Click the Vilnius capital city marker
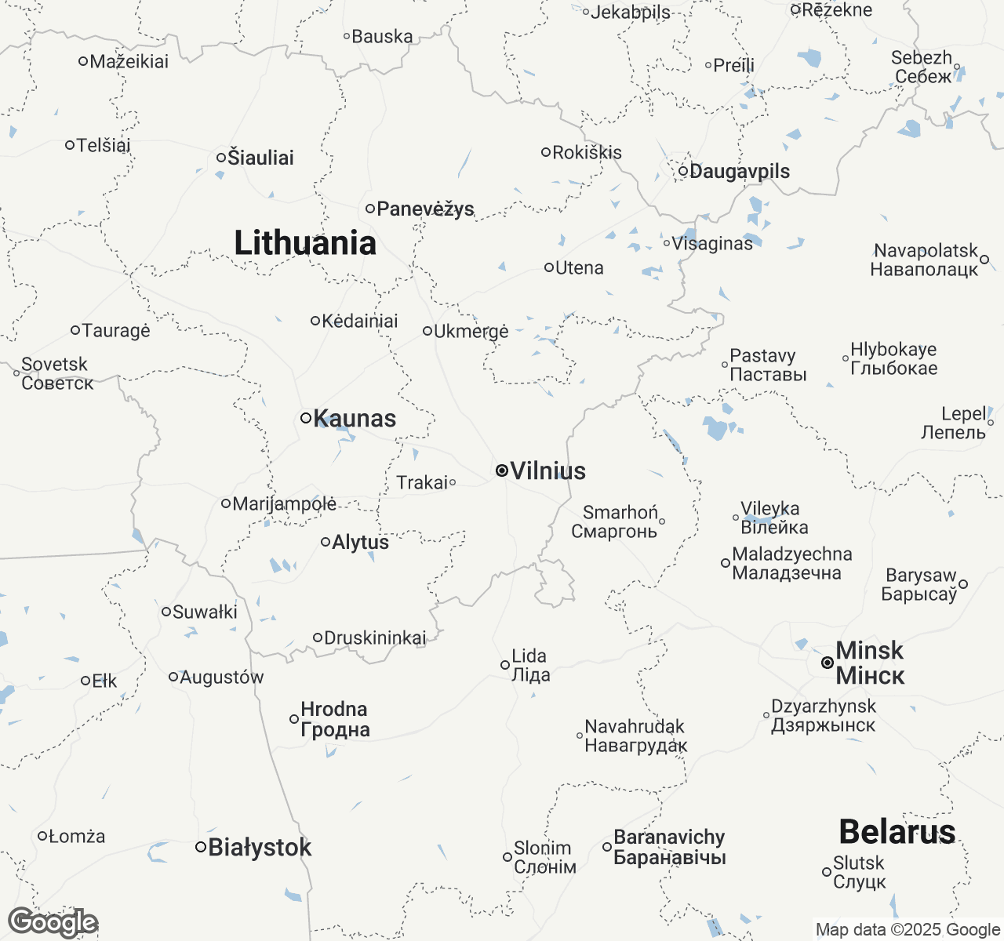(x=501, y=470)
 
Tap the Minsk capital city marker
(x=828, y=663)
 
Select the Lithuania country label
(x=305, y=243)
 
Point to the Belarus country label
(x=897, y=831)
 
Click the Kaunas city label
(x=355, y=419)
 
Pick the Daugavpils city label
(x=739, y=171)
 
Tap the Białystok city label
(x=260, y=847)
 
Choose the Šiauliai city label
(x=260, y=158)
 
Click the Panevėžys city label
(x=425, y=209)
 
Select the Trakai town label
(x=422, y=482)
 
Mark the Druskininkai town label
(x=375, y=638)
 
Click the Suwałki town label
(x=205, y=612)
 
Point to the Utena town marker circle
(x=549, y=267)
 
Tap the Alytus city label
(x=360, y=542)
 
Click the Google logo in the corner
(x=53, y=922)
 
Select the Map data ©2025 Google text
(x=908, y=930)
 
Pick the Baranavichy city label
(x=669, y=847)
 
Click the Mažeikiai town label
(x=129, y=61)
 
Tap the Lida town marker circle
(x=505, y=665)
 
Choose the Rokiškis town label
(x=587, y=152)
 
